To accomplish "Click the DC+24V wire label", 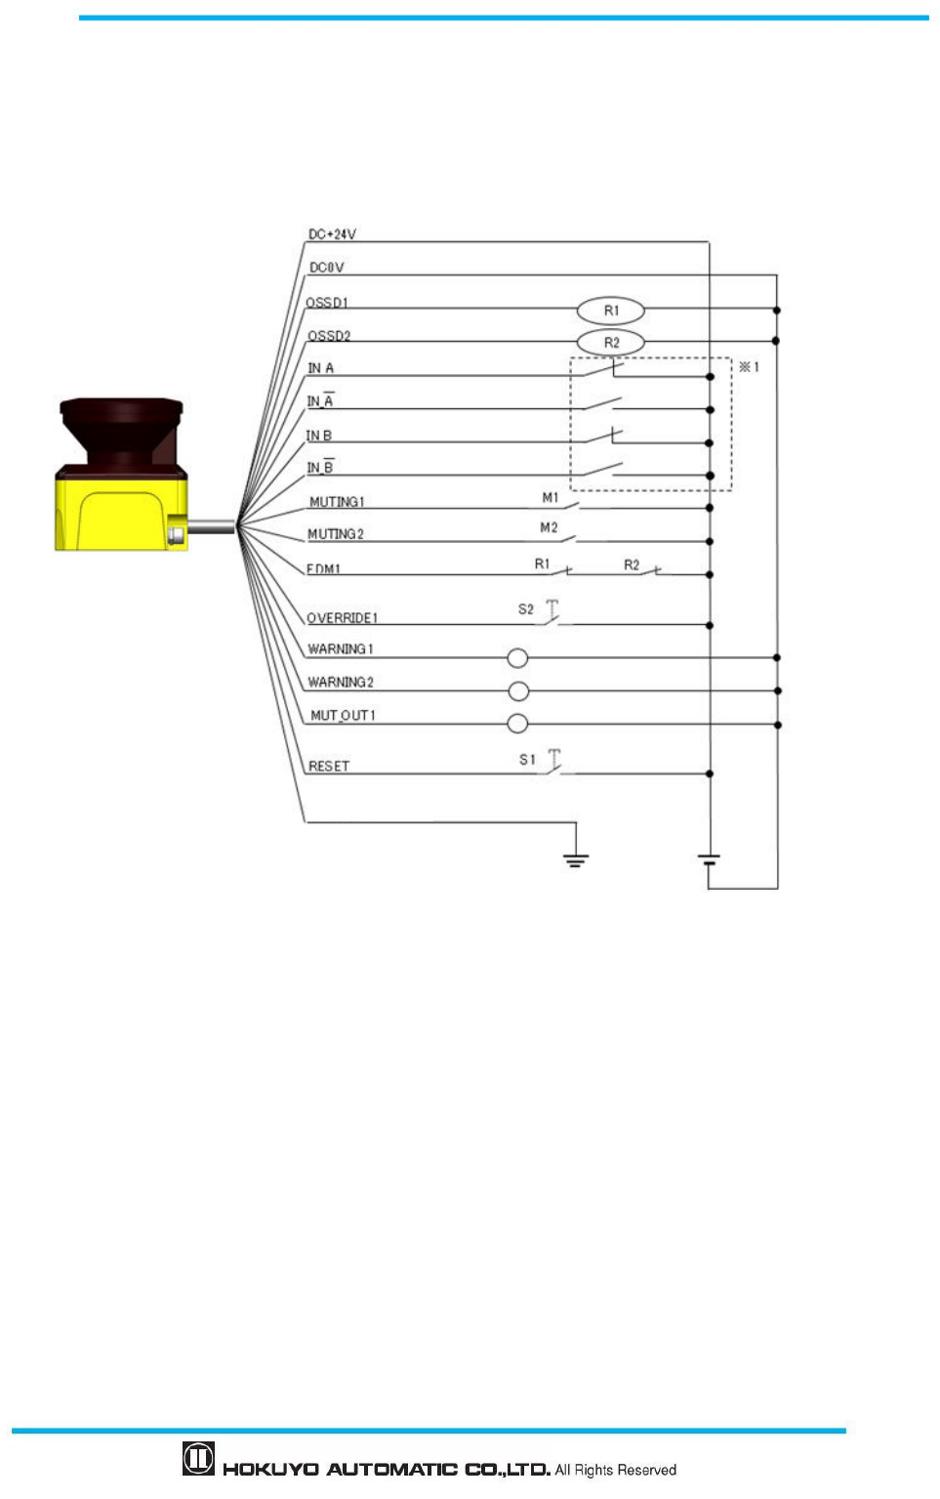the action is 332,234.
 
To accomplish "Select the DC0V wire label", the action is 326,268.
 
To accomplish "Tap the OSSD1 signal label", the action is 326,303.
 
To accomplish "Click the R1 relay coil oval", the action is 611,311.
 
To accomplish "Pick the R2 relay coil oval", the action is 611,343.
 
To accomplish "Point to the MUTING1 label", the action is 337,502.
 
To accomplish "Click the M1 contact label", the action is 551,498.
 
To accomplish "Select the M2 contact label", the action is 549,528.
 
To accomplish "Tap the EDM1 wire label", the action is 323,569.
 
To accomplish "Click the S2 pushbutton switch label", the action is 526,609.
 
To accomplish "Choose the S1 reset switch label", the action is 527,760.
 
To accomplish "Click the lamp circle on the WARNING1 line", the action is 517,658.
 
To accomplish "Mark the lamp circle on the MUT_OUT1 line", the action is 517,724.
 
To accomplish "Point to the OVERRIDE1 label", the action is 342,618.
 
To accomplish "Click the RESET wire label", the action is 329,767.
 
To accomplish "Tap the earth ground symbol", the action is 576,860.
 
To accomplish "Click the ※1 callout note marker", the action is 749,367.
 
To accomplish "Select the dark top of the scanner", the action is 121,429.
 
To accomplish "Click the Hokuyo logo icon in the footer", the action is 198,1459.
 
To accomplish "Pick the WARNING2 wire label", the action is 341,683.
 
